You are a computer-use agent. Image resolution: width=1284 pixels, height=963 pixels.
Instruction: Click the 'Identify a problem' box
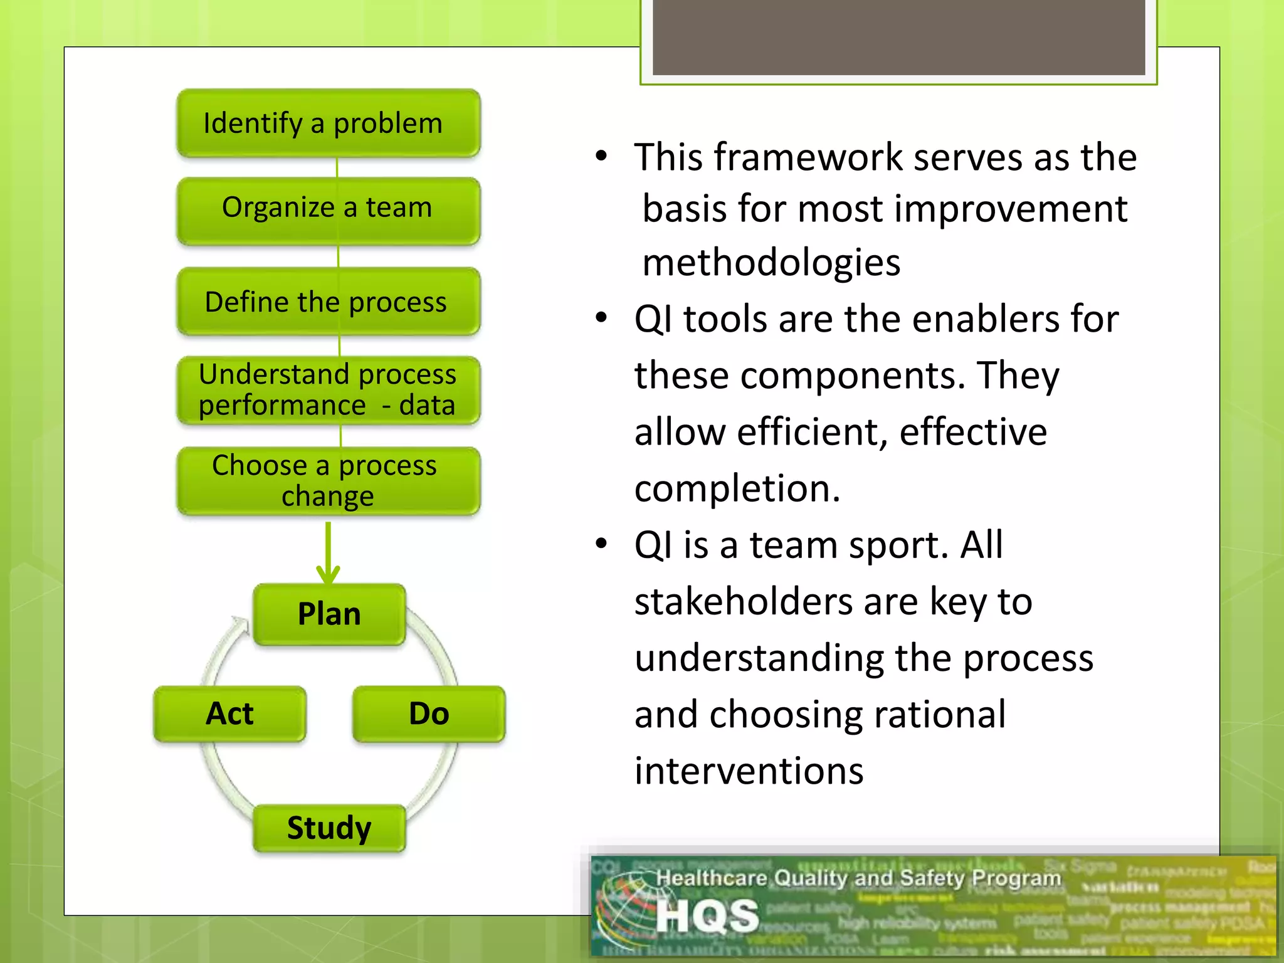pyautogui.click(x=328, y=124)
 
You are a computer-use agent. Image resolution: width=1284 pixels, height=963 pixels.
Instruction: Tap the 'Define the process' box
pyautogui.click(x=328, y=302)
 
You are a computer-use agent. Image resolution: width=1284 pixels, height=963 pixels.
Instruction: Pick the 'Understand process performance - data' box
pyautogui.click(x=328, y=390)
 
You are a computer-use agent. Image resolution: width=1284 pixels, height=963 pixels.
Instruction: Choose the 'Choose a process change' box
pyautogui.click(x=328, y=481)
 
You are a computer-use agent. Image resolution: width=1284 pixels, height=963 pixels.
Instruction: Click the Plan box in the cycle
pyautogui.click(x=329, y=614)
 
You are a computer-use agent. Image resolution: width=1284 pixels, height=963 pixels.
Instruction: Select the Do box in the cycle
pyautogui.click(x=429, y=713)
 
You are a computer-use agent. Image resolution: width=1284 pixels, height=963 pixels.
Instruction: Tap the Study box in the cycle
pyautogui.click(x=329, y=828)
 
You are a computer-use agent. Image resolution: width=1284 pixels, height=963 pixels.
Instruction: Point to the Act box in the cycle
pyautogui.click(x=229, y=713)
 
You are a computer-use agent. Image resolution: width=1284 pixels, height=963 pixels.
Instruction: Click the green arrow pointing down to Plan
pyautogui.click(x=328, y=552)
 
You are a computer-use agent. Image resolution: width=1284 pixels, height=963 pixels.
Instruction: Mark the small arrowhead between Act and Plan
pyautogui.click(x=239, y=623)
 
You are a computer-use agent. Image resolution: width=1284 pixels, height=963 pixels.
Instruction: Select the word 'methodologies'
pyautogui.click(x=771, y=262)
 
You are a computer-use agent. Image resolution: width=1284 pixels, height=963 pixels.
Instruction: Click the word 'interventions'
pyautogui.click(x=749, y=771)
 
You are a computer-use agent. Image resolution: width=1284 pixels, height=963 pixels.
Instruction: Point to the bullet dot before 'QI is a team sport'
pyautogui.click(x=601, y=544)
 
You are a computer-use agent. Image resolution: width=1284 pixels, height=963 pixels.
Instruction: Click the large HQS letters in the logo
pyautogui.click(x=707, y=916)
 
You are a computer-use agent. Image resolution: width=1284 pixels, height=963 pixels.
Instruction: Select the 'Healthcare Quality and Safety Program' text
pyautogui.click(x=858, y=878)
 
